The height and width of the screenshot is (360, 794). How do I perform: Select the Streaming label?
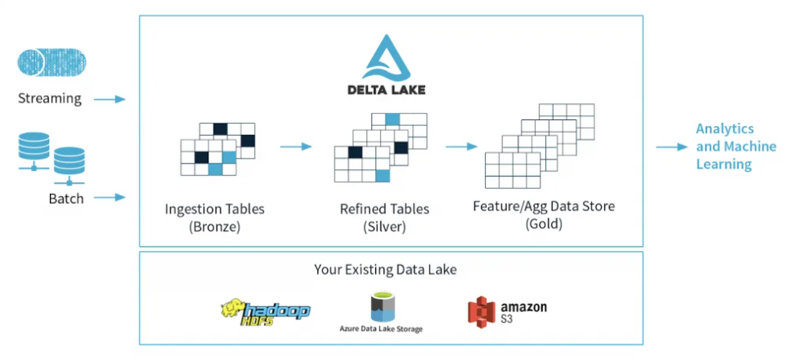pyautogui.click(x=50, y=99)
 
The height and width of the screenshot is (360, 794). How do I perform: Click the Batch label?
pyautogui.click(x=65, y=198)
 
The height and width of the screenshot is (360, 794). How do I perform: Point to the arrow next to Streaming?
pyautogui.click(x=109, y=100)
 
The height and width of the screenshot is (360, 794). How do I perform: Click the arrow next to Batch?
pyautogui.click(x=109, y=197)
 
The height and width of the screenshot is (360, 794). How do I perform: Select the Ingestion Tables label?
pyautogui.click(x=214, y=209)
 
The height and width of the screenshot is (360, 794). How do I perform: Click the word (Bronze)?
pyautogui.click(x=214, y=227)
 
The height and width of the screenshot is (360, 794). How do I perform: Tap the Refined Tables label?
pyautogui.click(x=384, y=209)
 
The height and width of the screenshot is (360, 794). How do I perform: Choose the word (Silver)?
pyautogui.click(x=384, y=227)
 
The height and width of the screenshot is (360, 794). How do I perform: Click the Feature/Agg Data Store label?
pyautogui.click(x=544, y=206)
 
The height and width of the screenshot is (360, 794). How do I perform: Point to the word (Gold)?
pyautogui.click(x=544, y=223)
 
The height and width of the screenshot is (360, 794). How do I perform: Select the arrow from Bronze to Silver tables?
pyautogui.click(x=296, y=147)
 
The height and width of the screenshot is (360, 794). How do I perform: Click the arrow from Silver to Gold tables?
pyautogui.click(x=461, y=147)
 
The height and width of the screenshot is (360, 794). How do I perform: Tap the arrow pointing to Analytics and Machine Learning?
pyautogui.click(x=671, y=147)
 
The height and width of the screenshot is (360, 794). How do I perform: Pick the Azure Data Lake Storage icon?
pyautogui.click(x=381, y=307)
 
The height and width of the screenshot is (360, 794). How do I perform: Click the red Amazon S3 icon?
pyautogui.click(x=482, y=312)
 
